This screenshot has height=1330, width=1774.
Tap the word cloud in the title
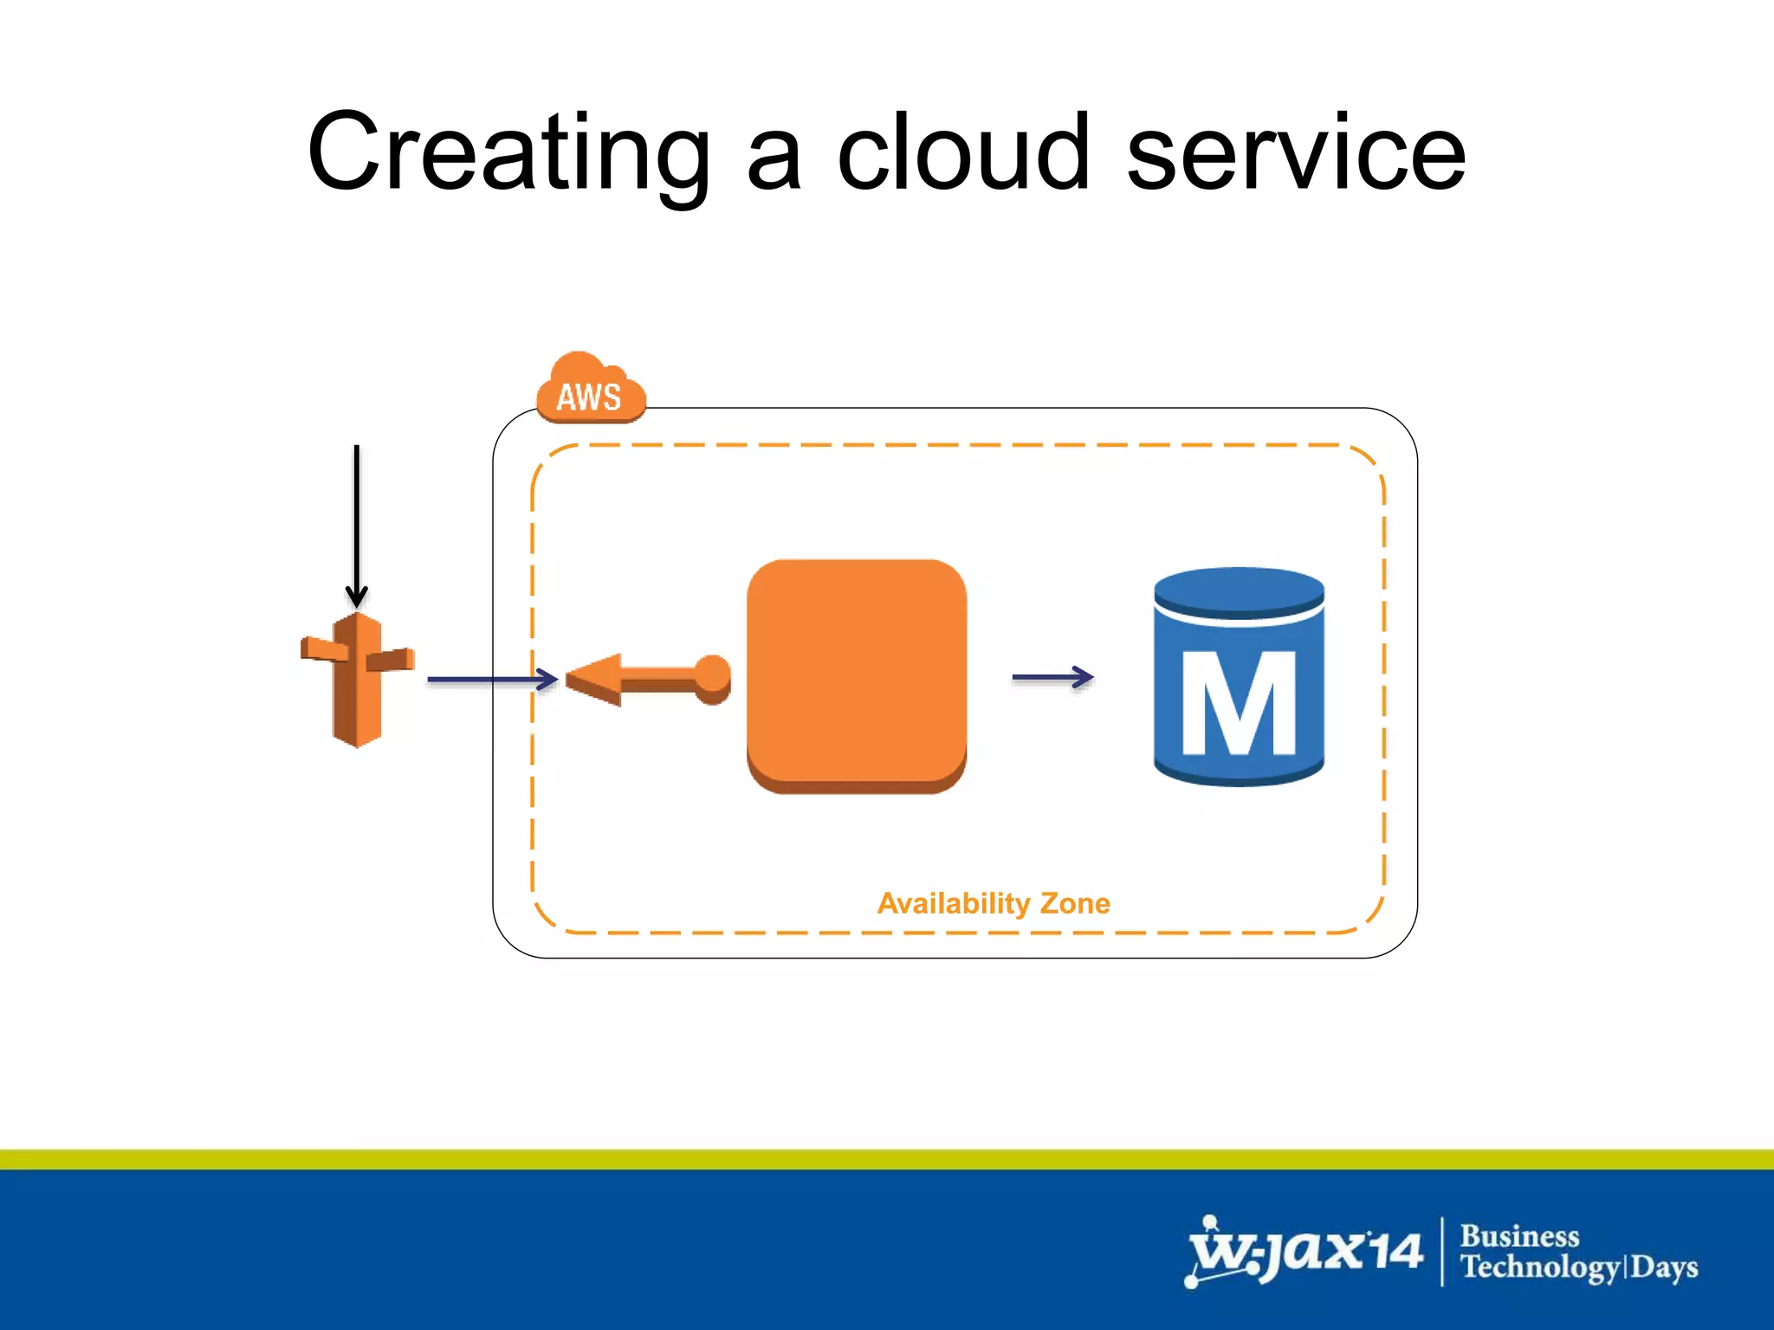point(962,152)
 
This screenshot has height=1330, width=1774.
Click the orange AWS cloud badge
point(590,391)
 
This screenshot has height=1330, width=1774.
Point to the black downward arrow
point(356,524)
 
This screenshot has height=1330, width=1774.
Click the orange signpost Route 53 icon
point(357,681)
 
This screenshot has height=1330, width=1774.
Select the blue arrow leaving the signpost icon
point(491,680)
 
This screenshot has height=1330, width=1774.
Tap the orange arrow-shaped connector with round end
point(648,679)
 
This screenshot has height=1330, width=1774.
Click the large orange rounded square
point(856,675)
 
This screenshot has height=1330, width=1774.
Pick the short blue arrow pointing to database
point(1052,677)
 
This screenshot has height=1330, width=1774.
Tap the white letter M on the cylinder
point(1239,703)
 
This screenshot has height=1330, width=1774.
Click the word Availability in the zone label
point(954,904)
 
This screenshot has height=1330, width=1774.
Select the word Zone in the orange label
point(1075,903)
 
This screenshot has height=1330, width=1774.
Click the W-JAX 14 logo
point(1304,1251)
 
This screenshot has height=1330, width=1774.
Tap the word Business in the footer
point(1519,1236)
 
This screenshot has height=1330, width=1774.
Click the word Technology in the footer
point(1538,1267)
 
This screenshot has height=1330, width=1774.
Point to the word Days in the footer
point(1664,1267)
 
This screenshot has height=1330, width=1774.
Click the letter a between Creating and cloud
point(774,161)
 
